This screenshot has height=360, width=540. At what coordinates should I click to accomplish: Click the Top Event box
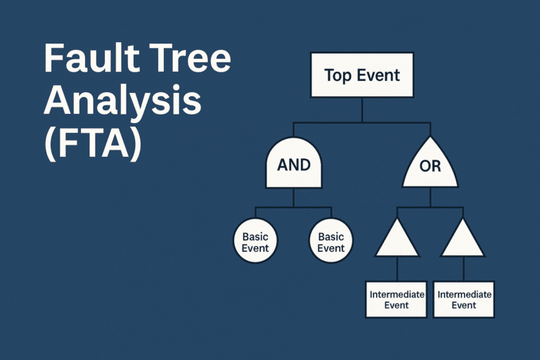[x=361, y=75]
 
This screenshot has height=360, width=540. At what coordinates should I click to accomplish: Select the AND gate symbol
[x=294, y=165]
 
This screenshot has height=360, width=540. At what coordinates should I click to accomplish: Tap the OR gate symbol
[x=430, y=167]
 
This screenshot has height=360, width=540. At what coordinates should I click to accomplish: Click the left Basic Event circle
[x=255, y=242]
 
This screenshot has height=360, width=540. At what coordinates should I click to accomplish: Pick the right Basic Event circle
[x=330, y=242]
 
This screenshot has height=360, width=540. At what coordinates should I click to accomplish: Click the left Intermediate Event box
[x=397, y=300]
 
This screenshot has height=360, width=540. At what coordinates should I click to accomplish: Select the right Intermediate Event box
[x=463, y=300]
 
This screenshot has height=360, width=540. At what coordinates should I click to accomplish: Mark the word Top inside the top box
[x=337, y=75]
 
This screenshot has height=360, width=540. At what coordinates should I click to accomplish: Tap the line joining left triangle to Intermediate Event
[x=397, y=269]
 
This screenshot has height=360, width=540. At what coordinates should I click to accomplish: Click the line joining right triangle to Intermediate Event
[x=463, y=269]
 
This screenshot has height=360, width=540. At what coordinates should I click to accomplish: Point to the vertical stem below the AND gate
[x=294, y=198]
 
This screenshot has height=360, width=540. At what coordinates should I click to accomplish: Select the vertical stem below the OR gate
[x=430, y=198]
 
